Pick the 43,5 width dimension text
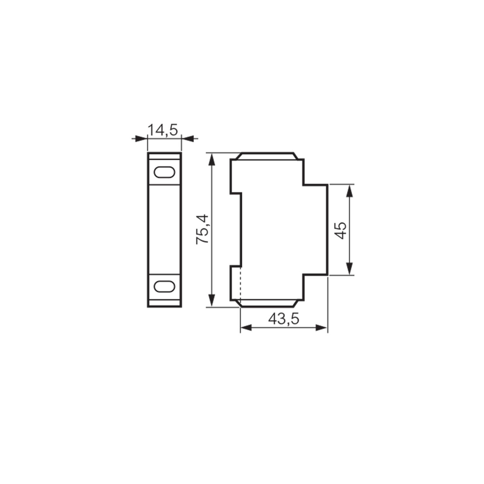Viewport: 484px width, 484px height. (284, 319)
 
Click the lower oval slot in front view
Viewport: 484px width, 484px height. (164, 286)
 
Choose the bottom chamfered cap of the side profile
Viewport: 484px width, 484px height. (267, 303)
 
